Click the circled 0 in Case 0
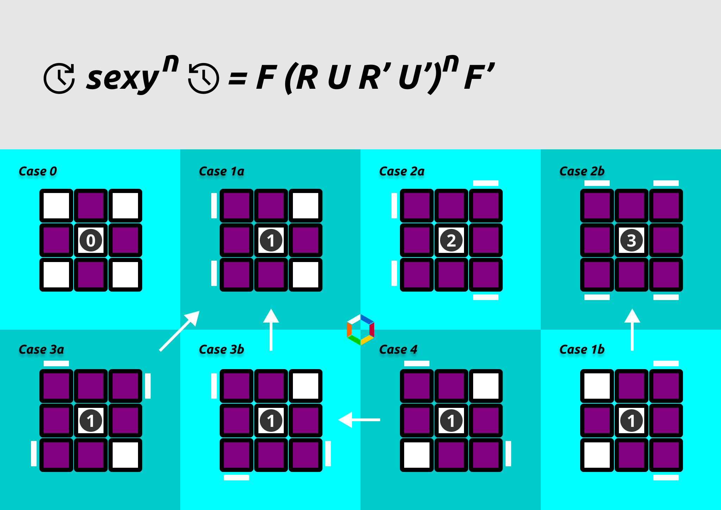(x=91, y=240)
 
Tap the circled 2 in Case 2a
(x=451, y=240)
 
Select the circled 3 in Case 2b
(x=632, y=240)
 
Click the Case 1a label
(x=221, y=171)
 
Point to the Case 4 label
(x=398, y=349)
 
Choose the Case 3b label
(x=221, y=349)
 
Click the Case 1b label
(x=582, y=349)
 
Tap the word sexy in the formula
(x=123, y=78)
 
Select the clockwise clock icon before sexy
(x=59, y=78)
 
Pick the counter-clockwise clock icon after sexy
(x=203, y=78)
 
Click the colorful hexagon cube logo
(x=360, y=330)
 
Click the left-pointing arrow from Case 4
(x=359, y=419)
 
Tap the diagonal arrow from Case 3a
(x=180, y=331)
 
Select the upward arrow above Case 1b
(x=632, y=329)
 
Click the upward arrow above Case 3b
(x=271, y=329)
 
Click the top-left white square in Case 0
(x=56, y=206)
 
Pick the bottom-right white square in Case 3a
(x=125, y=455)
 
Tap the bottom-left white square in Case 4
(x=417, y=455)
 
